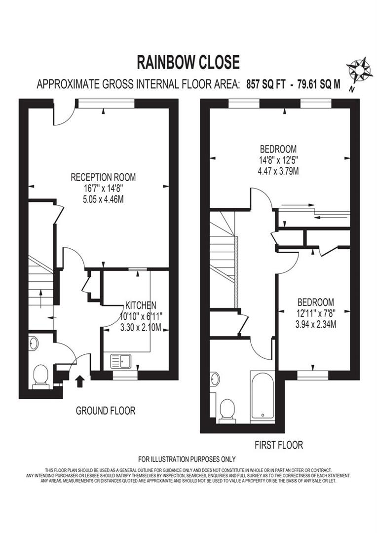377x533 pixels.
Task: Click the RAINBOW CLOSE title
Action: [188, 62]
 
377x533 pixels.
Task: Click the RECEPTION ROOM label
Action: [103, 177]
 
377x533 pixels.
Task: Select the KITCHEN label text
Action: [141, 305]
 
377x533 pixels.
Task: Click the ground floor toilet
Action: [39, 378]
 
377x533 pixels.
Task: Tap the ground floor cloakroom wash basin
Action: [33, 343]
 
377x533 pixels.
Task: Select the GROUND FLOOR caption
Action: [105, 411]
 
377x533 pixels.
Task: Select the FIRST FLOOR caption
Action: [279, 445]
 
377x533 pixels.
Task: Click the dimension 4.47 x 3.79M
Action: [279, 171]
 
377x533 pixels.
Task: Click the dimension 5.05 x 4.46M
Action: [103, 200]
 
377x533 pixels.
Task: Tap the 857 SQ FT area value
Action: [263, 84]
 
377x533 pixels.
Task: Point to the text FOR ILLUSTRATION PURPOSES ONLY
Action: [187, 459]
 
